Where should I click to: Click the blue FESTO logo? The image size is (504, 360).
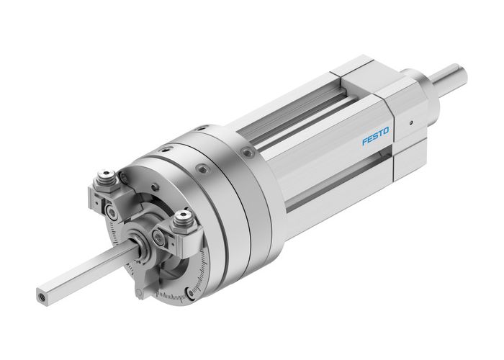375,135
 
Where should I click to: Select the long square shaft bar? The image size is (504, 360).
86,271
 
